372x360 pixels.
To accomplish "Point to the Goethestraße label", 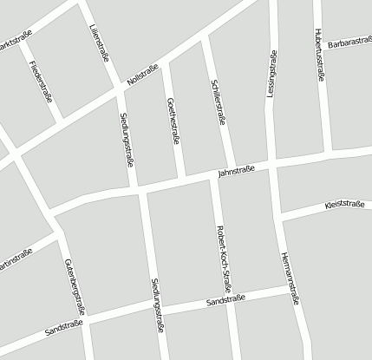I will [172, 121].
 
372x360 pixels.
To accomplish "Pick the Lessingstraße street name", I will [271, 73].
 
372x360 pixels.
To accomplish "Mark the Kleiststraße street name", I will [343, 205].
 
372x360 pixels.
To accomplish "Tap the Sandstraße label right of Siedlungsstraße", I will [226, 301].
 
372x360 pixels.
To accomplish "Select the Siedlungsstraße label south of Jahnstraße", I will [156, 305].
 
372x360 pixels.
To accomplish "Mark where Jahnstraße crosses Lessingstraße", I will [273, 164].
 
